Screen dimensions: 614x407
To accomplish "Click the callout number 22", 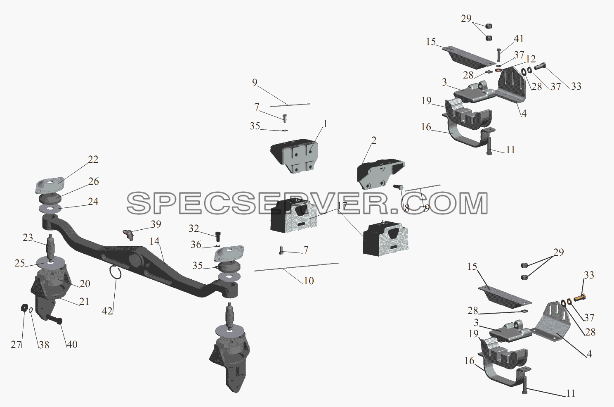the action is click(93, 159).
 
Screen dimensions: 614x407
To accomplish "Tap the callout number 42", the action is click(107, 311).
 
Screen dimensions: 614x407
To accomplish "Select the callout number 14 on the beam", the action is click(154, 241).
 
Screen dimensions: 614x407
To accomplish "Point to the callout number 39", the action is click(156, 224).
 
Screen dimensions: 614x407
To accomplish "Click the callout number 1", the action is click(325, 124).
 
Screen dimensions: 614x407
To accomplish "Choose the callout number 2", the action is click(374, 140).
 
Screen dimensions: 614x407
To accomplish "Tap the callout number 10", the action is click(309, 281).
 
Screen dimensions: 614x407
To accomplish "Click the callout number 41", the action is click(518, 39).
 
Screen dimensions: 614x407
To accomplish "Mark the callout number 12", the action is click(531, 59).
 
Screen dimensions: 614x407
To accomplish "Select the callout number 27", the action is click(16, 345).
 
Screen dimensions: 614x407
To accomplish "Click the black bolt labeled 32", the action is click(218, 236).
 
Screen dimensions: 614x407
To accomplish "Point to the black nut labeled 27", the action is click(25, 307).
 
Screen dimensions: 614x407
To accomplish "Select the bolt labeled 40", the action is click(54, 319).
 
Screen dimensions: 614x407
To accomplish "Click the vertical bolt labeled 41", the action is click(498, 55).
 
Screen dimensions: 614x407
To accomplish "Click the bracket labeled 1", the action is click(295, 156).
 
